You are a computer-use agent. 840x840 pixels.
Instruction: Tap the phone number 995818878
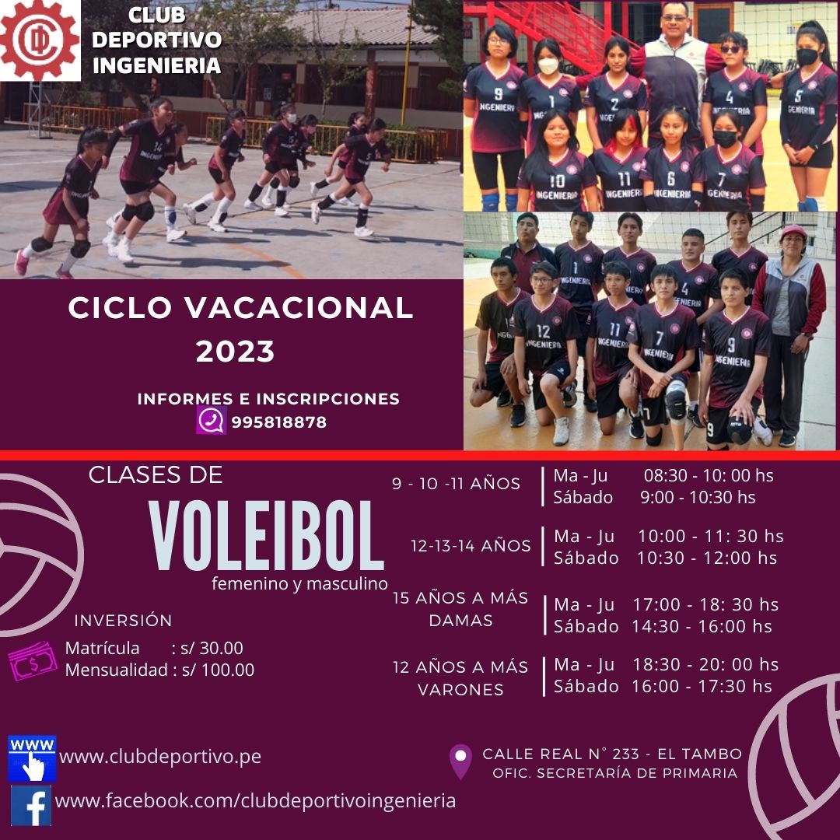278,422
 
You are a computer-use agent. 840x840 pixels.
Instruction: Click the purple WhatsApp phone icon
211,420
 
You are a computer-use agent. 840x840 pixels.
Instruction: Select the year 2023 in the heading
235,352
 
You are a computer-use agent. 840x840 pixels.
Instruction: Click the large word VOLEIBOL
266,536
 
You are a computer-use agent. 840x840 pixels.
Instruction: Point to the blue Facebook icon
31,805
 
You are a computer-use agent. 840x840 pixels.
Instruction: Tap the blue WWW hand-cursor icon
32,758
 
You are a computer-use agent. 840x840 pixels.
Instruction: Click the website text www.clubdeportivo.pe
160,756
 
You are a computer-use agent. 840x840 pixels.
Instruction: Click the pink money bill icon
33,661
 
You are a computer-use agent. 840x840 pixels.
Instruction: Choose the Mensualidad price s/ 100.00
218,670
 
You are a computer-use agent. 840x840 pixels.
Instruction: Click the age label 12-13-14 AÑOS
471,546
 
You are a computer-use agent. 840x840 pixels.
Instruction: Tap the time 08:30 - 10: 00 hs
709,475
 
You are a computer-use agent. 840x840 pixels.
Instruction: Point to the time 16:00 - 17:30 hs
702,686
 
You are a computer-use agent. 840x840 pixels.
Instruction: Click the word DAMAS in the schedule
460,621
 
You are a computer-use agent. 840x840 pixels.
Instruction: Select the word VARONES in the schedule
460,689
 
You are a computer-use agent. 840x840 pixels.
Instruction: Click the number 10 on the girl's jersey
557,181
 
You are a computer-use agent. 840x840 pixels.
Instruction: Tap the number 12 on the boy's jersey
543,331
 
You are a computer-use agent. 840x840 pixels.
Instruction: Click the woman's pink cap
793,232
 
